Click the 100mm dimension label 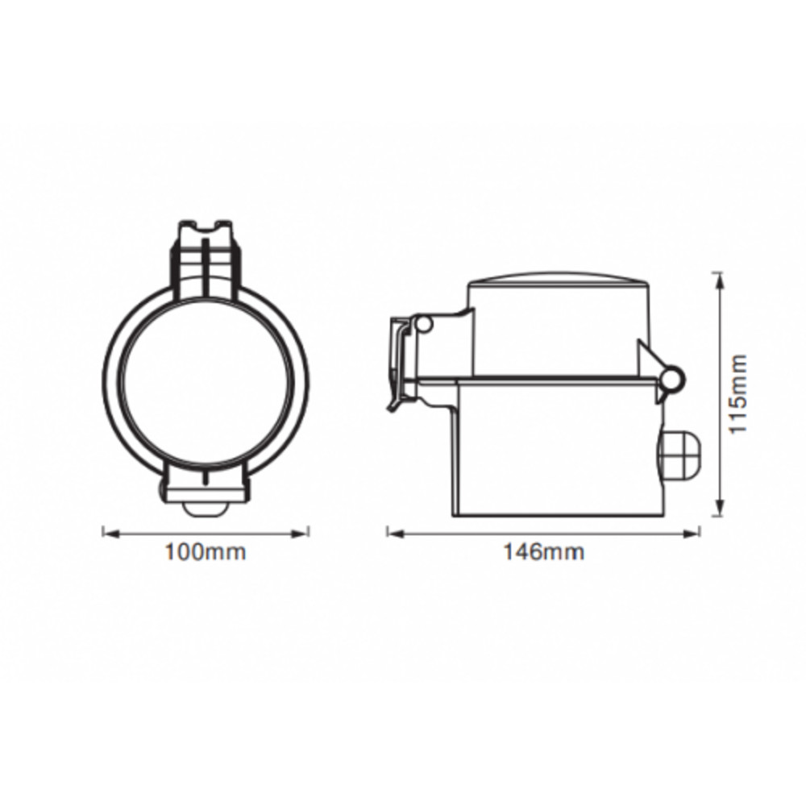205,552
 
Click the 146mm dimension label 543,552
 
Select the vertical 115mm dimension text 738,393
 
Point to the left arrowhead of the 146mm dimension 395,534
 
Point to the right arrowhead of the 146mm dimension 691,534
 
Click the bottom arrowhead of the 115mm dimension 720,507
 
